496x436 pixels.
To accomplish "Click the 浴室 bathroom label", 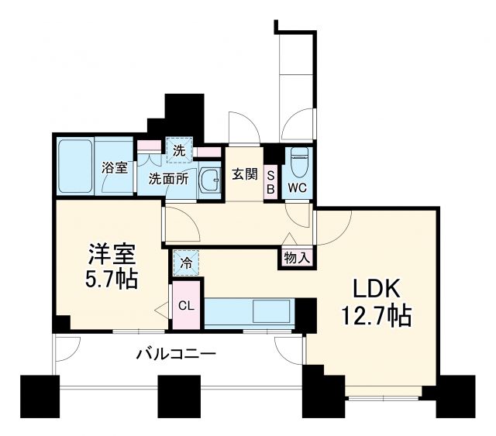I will tap(116, 168).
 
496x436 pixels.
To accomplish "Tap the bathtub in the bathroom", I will tap(76, 167).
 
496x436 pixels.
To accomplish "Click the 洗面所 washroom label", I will tap(168, 177).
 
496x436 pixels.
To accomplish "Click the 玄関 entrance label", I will tap(244, 174).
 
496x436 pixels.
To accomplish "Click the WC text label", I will tap(297, 187).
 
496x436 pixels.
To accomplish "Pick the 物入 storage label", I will tap(296, 256).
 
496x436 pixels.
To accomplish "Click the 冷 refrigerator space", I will tap(186, 263).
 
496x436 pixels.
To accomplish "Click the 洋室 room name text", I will tap(110, 255).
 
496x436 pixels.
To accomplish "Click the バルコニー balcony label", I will tap(176, 355).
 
